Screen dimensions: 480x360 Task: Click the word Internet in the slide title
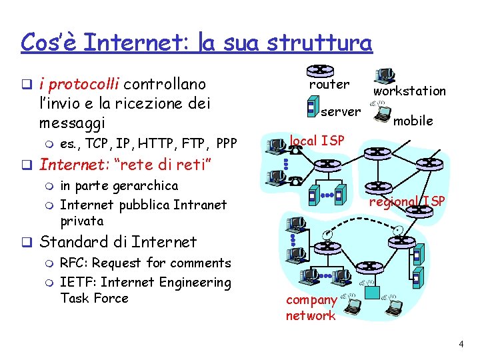121,42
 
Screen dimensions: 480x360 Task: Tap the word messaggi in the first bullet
72,123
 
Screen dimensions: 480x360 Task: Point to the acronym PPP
227,143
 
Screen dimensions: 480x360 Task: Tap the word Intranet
200,204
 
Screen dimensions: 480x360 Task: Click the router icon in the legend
320,70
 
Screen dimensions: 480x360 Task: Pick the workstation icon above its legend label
385,75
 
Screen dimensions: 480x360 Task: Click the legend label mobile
413,121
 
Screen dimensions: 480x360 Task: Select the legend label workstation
409,91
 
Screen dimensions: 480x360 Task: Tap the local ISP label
317,141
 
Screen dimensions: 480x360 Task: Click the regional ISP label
407,201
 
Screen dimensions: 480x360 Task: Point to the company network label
311,308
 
